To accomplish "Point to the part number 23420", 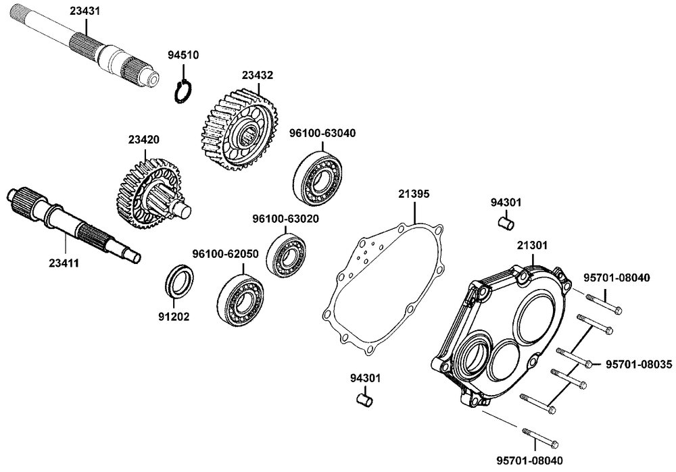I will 143,140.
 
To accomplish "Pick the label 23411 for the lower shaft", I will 64,261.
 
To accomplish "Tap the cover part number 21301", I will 532,244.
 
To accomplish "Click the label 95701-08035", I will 638,364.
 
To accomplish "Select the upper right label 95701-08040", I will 616,278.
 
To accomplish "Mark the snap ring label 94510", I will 183,55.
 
